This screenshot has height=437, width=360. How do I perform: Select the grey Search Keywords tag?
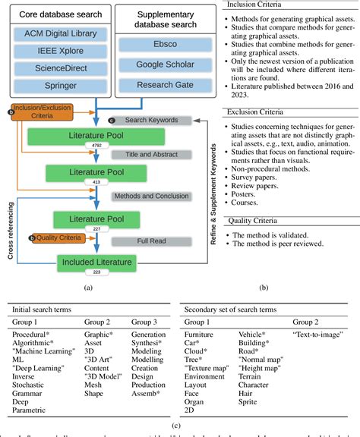tap(153, 120)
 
